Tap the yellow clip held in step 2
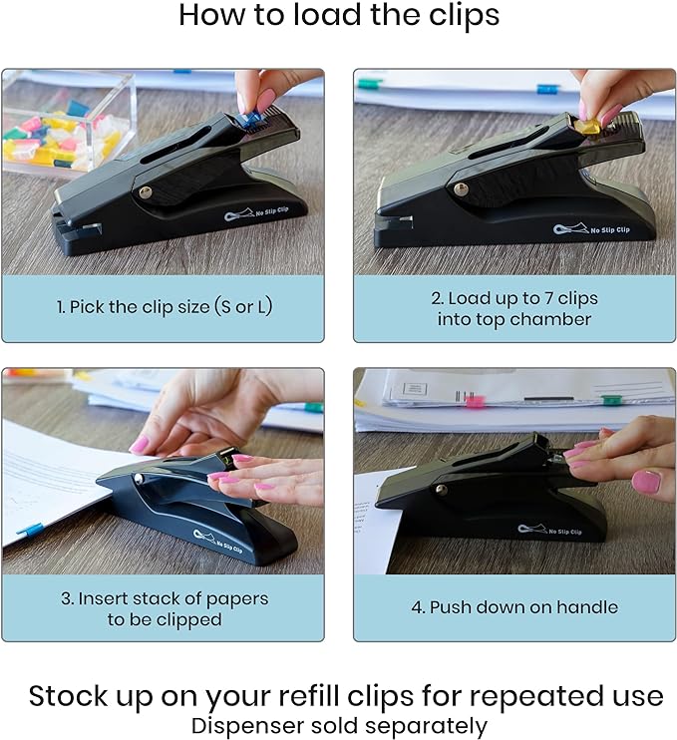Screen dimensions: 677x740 pyautogui.click(x=586, y=127)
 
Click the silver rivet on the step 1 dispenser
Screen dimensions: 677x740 pyautogui.click(x=146, y=191)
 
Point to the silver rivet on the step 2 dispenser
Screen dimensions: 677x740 pyautogui.click(x=461, y=189)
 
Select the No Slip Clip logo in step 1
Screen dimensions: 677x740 pyautogui.click(x=255, y=213)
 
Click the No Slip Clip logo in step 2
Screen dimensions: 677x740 pyautogui.click(x=591, y=228)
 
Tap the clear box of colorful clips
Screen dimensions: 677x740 pyautogui.click(x=66, y=124)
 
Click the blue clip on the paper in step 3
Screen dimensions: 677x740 pyautogui.click(x=31, y=530)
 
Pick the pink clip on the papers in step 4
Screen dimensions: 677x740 pyautogui.click(x=475, y=401)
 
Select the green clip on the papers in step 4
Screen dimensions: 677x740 pyautogui.click(x=610, y=400)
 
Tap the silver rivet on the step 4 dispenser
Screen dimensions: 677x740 pyautogui.click(x=441, y=490)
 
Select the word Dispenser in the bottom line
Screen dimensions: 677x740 pyautogui.click(x=247, y=726)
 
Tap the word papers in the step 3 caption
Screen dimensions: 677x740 pyautogui.click(x=237, y=599)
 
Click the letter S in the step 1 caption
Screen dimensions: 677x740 pyautogui.click(x=226, y=307)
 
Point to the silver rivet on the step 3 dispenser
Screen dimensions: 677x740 pyautogui.click(x=140, y=479)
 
